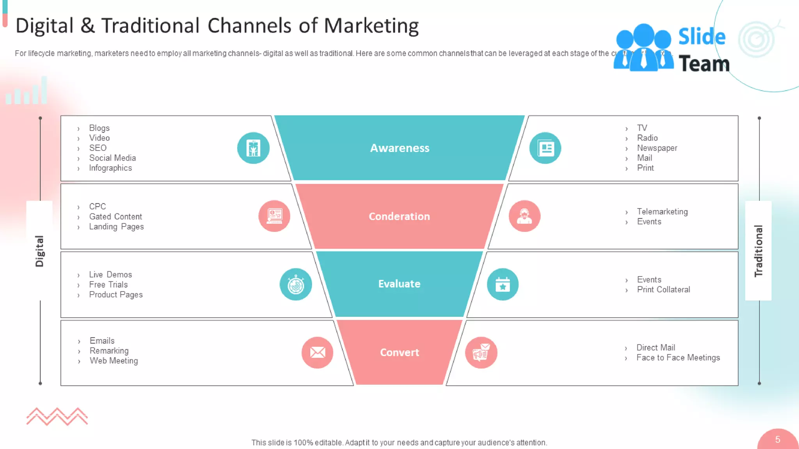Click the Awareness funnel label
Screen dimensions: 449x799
tap(399, 148)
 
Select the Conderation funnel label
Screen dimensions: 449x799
tap(399, 216)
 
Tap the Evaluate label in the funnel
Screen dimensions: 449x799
tap(399, 284)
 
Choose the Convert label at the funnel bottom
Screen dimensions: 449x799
tap(399, 352)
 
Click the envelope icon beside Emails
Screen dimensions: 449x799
tap(317, 352)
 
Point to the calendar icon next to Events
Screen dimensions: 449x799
tap(502, 285)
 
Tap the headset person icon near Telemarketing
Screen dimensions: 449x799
tap(524, 216)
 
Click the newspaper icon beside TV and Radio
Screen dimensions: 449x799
tap(545, 148)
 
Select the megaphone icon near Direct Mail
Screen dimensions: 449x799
tap(481, 352)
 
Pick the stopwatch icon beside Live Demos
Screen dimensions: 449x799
tap(296, 285)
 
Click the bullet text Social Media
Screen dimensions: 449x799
tap(112, 158)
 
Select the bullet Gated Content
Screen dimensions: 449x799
tap(115, 217)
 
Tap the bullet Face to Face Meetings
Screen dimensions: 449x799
tap(678, 358)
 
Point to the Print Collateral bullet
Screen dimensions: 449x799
tap(663, 290)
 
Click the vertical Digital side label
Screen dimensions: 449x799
tap(39, 251)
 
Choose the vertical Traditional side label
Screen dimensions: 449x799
tap(758, 251)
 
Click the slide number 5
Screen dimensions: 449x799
tap(778, 440)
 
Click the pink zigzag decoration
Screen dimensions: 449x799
tap(57, 416)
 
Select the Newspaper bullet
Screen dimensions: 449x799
tap(657, 148)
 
